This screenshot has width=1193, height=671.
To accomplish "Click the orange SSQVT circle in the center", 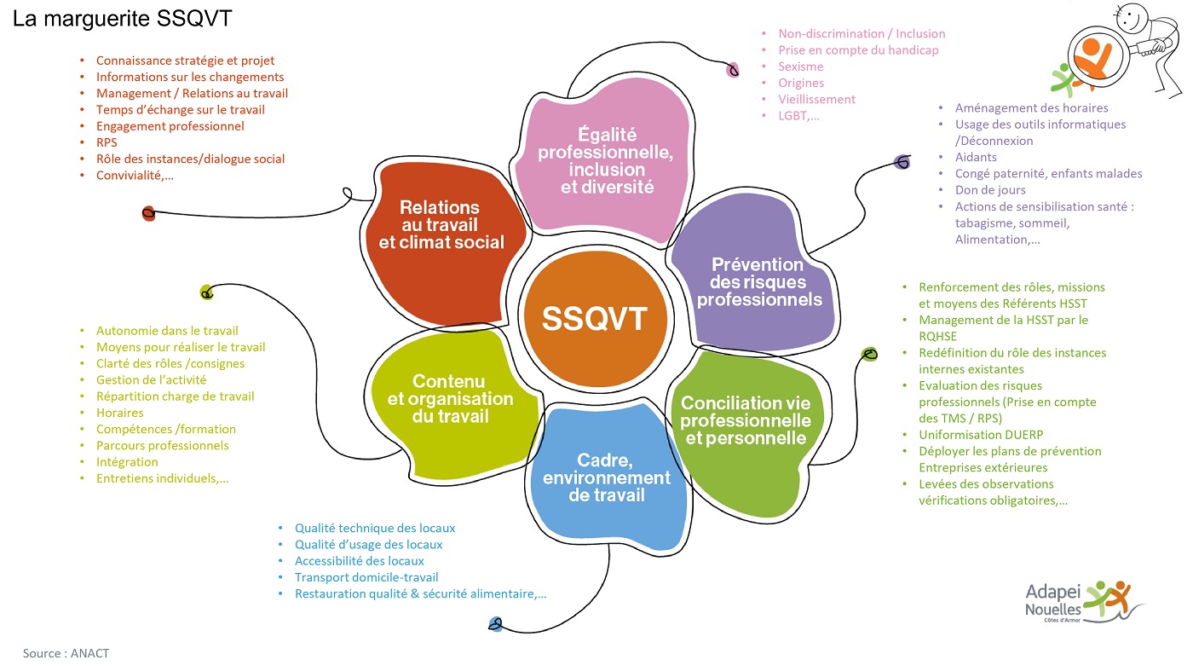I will (x=594, y=318).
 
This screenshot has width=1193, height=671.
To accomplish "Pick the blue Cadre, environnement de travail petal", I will (x=607, y=477).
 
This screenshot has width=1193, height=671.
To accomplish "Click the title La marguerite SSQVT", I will (x=122, y=20).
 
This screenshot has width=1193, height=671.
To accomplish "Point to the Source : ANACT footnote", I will (x=66, y=653).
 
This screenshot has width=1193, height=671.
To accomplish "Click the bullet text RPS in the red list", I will (x=107, y=142).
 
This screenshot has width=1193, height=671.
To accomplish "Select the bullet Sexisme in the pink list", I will (x=800, y=67).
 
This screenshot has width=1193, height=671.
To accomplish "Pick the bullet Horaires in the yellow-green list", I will (x=119, y=413).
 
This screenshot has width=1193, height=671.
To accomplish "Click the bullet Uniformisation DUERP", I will (x=975, y=435).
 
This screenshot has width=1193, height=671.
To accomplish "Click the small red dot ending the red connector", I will (x=148, y=213).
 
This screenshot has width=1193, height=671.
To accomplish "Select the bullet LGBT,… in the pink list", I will (x=798, y=115).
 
